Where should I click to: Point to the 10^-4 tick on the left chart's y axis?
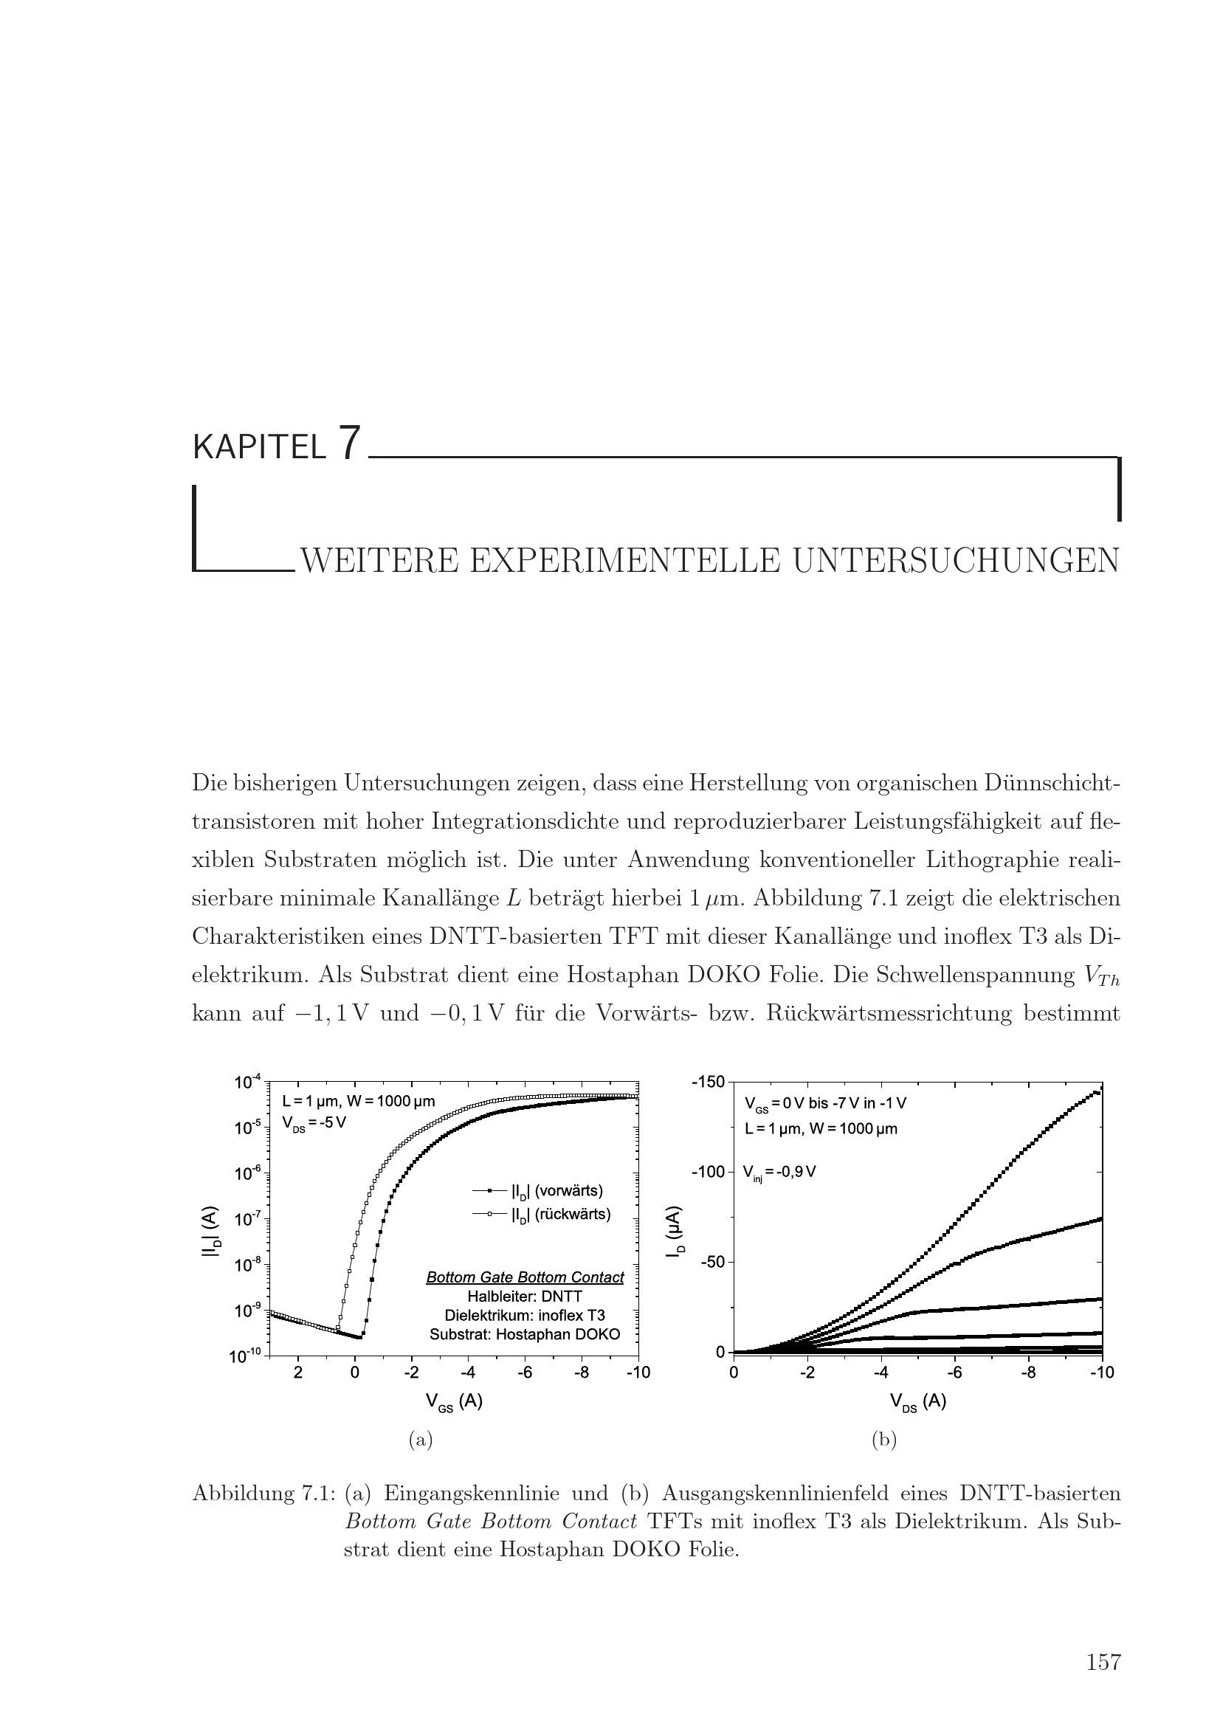tap(247, 1083)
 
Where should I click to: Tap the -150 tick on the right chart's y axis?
tap(708, 1082)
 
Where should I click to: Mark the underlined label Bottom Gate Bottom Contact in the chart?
tap(525, 1277)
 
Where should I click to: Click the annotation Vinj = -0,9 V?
tap(779, 1171)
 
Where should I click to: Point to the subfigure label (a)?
tap(420, 1440)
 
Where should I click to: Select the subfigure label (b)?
tap(883, 1440)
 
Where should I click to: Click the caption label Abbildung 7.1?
tap(263, 1492)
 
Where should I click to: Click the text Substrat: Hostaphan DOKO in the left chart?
tap(525, 1334)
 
